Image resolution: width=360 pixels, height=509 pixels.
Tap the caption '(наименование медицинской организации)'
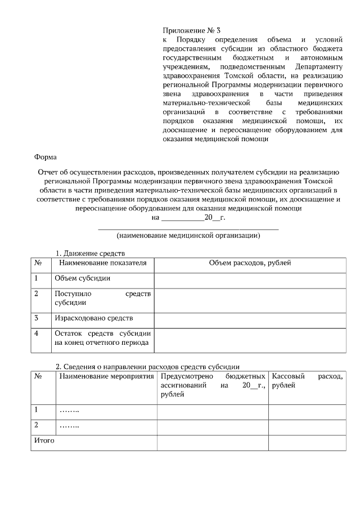pyautogui.click(x=188, y=236)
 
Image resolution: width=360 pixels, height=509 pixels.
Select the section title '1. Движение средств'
pyautogui.click(x=89, y=254)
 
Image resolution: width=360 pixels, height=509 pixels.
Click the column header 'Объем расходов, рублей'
pyautogui.click(x=250, y=263)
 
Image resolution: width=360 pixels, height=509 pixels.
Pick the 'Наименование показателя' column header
pyautogui.click(x=102, y=263)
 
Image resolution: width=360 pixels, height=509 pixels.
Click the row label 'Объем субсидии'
pyautogui.click(x=82, y=278)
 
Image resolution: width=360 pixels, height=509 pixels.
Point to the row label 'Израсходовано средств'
pyautogui.click(x=93, y=318)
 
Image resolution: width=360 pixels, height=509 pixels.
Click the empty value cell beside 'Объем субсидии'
pyautogui.click(x=250, y=278)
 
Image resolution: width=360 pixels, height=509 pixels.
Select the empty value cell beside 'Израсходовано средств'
pyautogui.click(x=250, y=319)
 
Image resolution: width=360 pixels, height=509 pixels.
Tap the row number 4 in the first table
pyautogui.click(x=37, y=334)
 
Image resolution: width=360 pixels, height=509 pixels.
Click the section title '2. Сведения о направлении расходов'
pyautogui.click(x=148, y=367)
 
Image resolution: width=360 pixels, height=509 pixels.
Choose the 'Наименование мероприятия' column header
pyautogui.click(x=106, y=376)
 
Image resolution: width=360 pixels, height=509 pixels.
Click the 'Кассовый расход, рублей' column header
pyautogui.click(x=307, y=380)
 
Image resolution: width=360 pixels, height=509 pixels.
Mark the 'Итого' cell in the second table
pyautogui.click(x=44, y=440)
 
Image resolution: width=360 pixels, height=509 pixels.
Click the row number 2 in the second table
pyautogui.click(x=37, y=425)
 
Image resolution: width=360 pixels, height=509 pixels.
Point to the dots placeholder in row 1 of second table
pyautogui.click(x=69, y=411)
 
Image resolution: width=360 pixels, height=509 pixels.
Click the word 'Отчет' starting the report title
pyautogui.click(x=47, y=173)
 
